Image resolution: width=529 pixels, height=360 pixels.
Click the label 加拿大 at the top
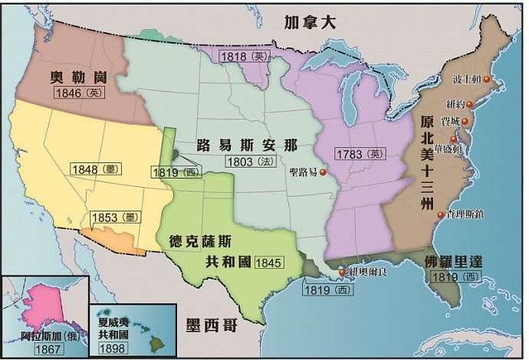click(309, 22)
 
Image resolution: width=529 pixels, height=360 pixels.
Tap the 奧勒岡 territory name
click(76, 79)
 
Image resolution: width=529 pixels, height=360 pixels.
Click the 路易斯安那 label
click(245, 145)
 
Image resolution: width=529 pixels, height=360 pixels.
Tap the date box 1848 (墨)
click(97, 169)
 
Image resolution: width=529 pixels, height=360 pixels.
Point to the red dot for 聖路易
click(323, 172)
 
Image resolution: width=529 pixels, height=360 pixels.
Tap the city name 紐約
click(457, 103)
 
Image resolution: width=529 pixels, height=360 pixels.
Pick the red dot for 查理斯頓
click(441, 215)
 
